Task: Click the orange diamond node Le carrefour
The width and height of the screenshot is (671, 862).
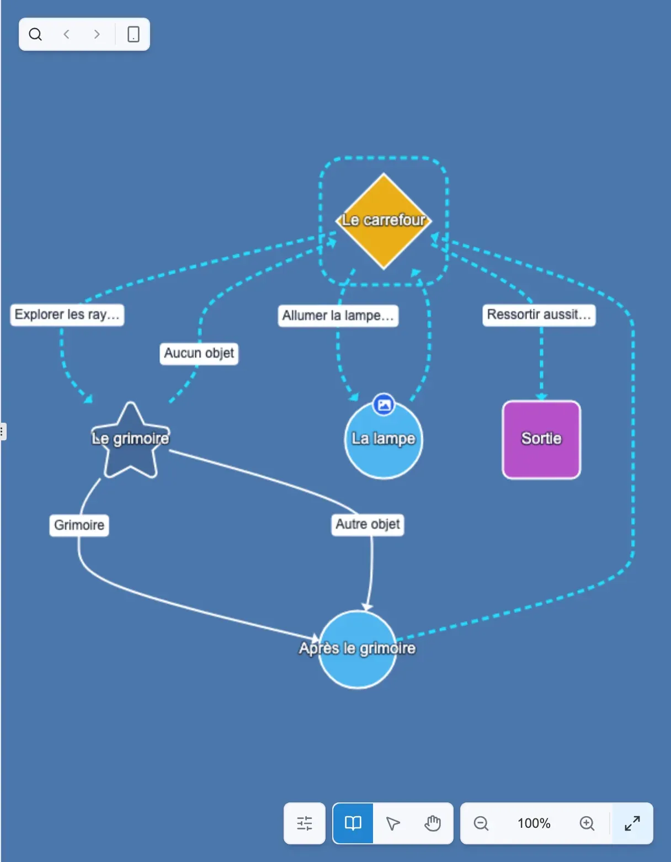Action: click(x=384, y=221)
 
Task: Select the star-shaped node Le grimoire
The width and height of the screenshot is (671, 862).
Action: click(x=130, y=440)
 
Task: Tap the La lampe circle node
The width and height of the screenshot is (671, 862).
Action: click(x=384, y=439)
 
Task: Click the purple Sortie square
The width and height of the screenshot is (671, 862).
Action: click(x=541, y=439)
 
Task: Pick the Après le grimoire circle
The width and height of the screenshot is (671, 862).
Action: click(x=358, y=649)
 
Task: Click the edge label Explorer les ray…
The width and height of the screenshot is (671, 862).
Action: click(x=67, y=315)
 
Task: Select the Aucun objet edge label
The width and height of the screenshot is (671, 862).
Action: click(x=199, y=353)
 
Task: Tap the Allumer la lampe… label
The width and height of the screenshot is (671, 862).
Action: click(x=338, y=316)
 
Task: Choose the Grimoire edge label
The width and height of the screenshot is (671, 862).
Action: click(x=79, y=525)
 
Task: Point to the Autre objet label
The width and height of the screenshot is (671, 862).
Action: click(x=368, y=524)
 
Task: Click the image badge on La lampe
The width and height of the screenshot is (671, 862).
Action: click(x=384, y=405)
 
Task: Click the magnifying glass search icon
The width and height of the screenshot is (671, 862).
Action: click(x=35, y=34)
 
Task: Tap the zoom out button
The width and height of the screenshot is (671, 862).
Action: click(x=481, y=823)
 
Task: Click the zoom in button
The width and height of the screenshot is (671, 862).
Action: click(x=587, y=823)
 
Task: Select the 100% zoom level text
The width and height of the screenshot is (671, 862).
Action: click(x=534, y=823)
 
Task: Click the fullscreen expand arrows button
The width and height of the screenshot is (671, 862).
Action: click(x=632, y=823)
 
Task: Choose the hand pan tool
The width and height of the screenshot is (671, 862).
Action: click(x=432, y=823)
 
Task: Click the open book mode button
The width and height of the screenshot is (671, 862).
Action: click(x=353, y=823)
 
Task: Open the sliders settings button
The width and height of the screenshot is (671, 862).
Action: click(x=305, y=823)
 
